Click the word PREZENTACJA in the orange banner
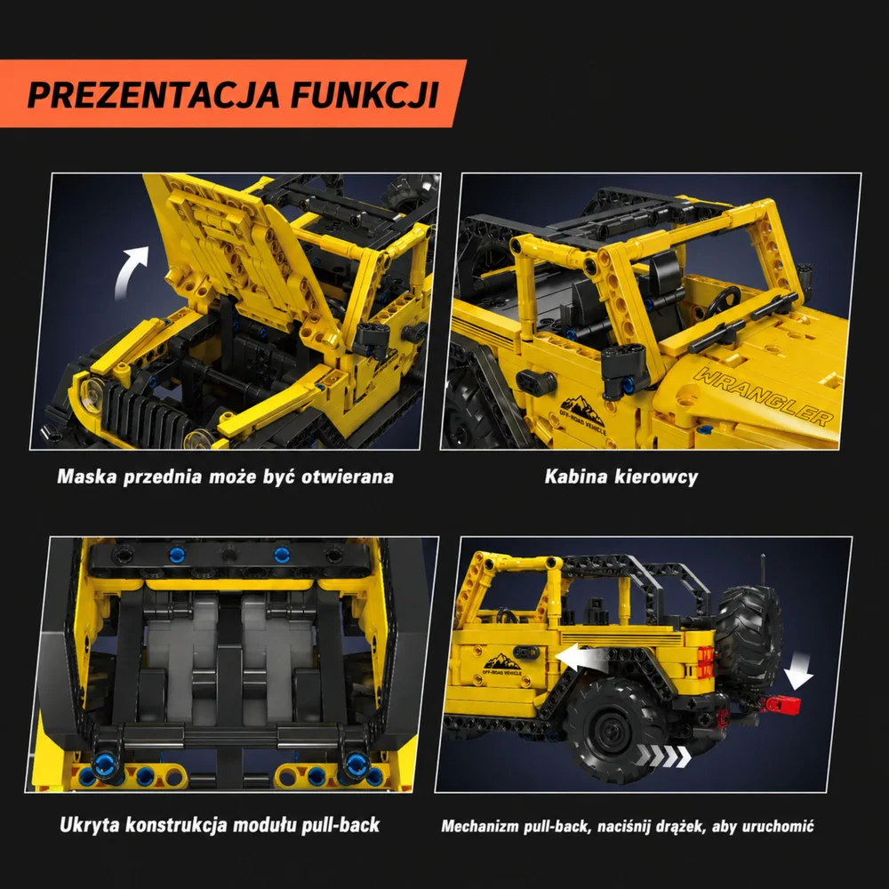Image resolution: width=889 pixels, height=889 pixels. [154, 95]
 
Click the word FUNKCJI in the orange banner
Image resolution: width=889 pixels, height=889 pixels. [365, 95]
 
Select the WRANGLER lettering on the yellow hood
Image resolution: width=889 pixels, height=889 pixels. [764, 396]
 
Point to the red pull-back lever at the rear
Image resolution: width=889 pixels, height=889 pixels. [783, 704]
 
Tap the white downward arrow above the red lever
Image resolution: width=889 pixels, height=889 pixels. [798, 671]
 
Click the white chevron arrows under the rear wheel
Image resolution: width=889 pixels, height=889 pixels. [663, 756]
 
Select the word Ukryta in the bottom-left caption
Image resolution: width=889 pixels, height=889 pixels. [89, 825]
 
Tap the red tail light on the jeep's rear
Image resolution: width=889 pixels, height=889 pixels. [705, 661]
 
